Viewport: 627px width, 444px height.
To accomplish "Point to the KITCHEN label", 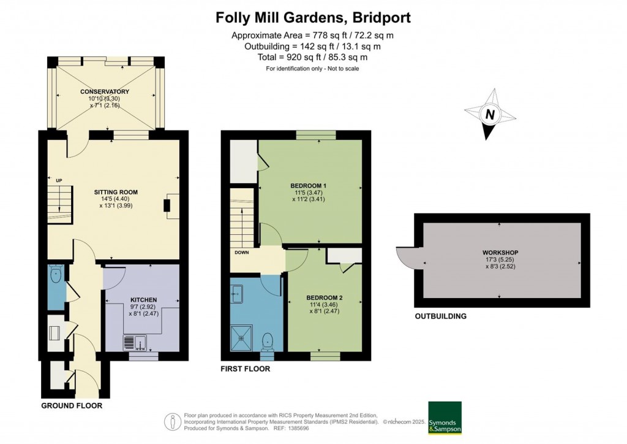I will coord(143,300).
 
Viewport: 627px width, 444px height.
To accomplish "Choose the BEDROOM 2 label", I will coord(324,298).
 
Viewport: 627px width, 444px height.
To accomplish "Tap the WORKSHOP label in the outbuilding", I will coord(500,253).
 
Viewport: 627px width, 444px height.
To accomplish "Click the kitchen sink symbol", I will coord(134,342).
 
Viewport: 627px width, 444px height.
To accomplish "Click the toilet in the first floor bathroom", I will coord(267,340).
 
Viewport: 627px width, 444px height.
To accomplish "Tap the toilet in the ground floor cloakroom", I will coord(56,275).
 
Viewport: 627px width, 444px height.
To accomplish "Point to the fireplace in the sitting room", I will coord(168,205).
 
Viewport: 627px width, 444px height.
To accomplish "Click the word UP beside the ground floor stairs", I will coord(59,180).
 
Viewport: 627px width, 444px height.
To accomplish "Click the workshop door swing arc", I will coord(405,257).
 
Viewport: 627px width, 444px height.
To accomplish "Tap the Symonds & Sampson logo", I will coord(445,418).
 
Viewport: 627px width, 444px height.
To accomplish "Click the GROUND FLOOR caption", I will coord(72,406).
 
